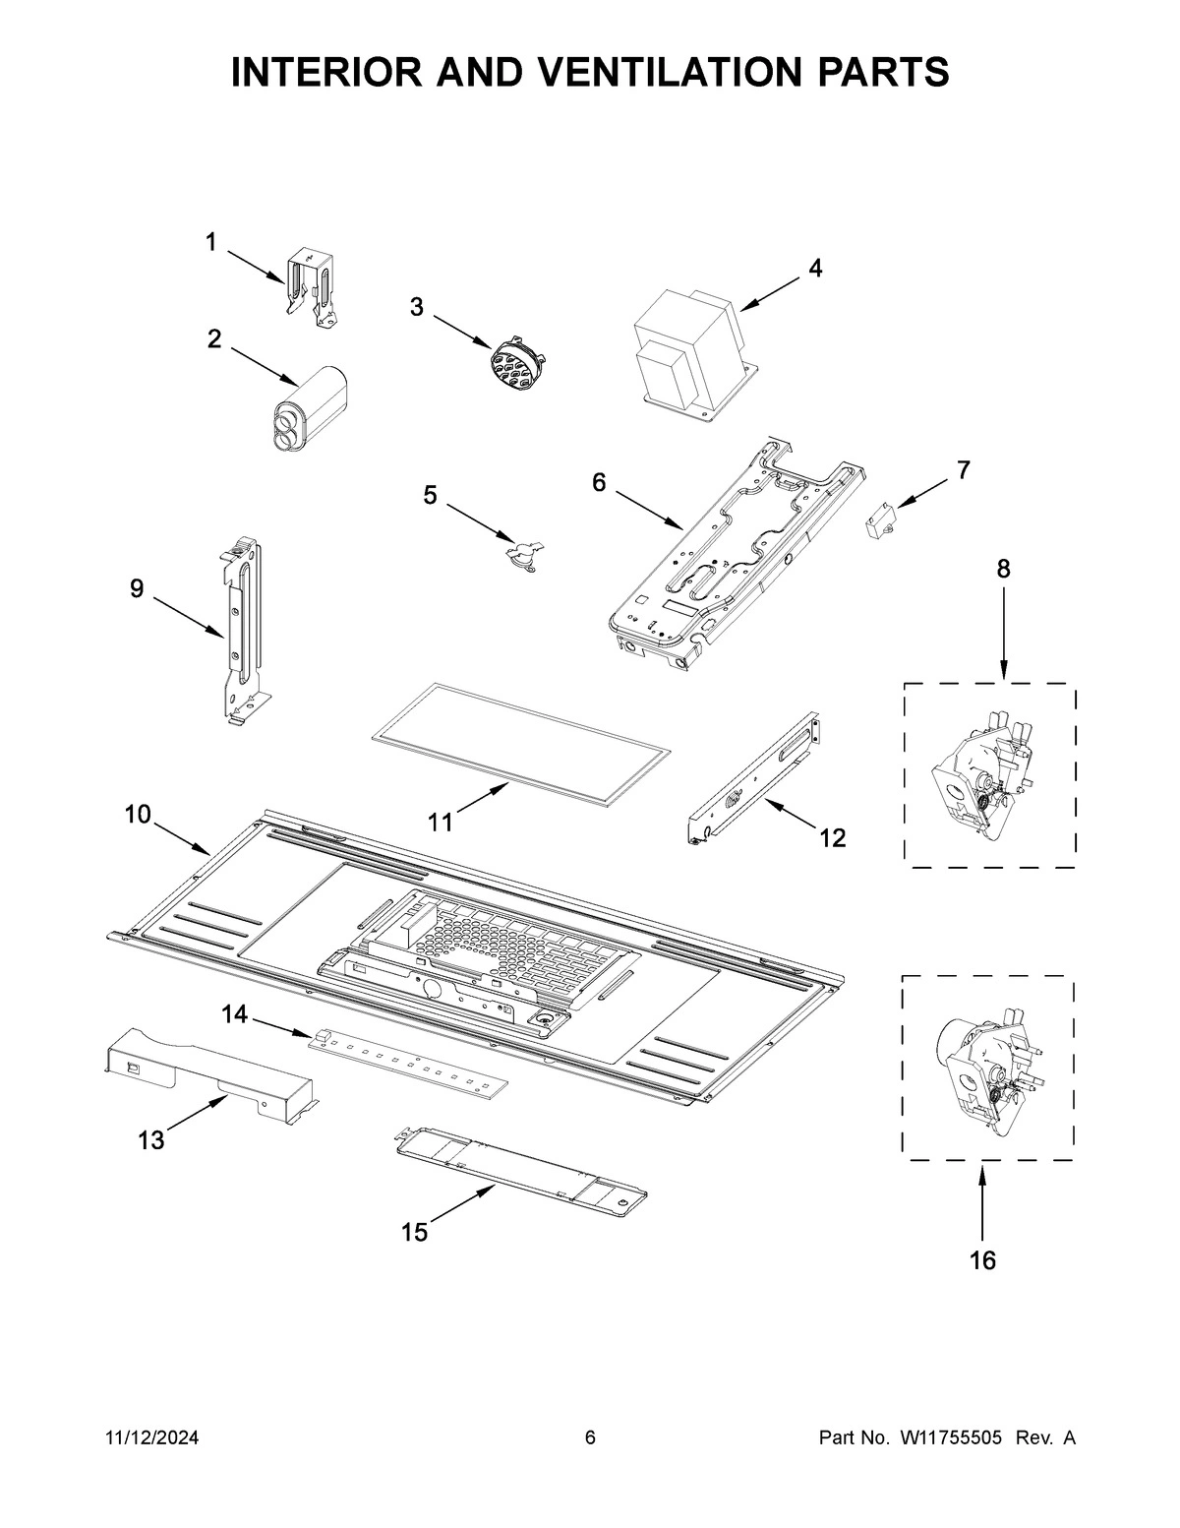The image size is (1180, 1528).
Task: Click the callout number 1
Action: [x=210, y=241]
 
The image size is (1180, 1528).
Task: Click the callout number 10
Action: [x=138, y=815]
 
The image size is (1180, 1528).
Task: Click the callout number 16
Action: [x=982, y=1259]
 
